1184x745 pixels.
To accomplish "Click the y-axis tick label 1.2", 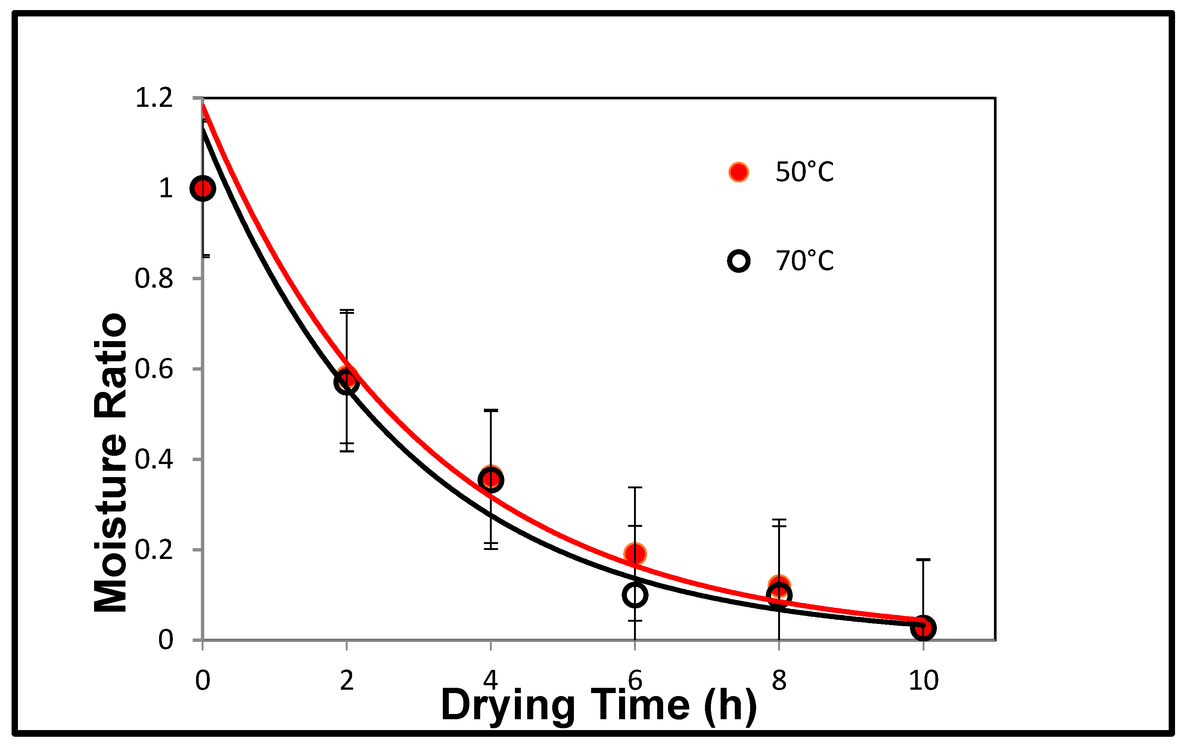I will point(153,98).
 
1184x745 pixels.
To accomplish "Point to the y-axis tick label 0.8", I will point(153,279).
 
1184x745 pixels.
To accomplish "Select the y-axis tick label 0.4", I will point(153,459).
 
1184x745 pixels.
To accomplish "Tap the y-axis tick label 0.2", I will point(153,550).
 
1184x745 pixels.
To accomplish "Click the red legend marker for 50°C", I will point(739,172).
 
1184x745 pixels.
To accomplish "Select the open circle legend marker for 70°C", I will point(739,261).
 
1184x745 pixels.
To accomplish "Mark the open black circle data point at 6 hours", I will point(635,595).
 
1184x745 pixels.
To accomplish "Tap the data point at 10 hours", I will point(923,628).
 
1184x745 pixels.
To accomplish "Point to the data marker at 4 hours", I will point(491,480).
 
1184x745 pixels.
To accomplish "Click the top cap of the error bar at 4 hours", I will point(491,410).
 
